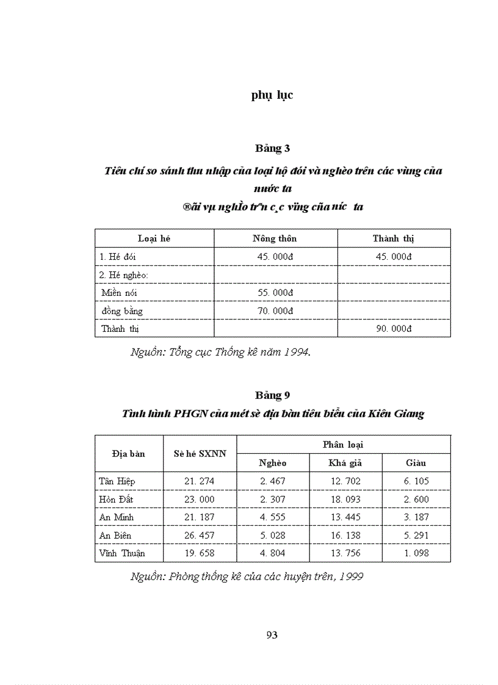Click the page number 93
click(272, 635)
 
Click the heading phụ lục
click(272, 95)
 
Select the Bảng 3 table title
click(272, 148)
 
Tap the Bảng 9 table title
click(272, 395)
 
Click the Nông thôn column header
click(275, 238)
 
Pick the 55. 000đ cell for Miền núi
click(276, 293)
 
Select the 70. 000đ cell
click(276, 311)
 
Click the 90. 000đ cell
click(394, 329)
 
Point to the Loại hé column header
click(154, 238)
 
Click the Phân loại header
click(343, 445)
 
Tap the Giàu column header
click(416, 463)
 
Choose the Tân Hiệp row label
click(117, 481)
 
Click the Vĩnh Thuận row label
click(122, 553)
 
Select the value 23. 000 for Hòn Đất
click(200, 499)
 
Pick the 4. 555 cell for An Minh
click(272, 517)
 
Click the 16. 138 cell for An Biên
click(345, 535)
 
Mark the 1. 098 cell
click(416, 553)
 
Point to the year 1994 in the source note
click(297, 352)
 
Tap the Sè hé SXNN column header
click(200, 454)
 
